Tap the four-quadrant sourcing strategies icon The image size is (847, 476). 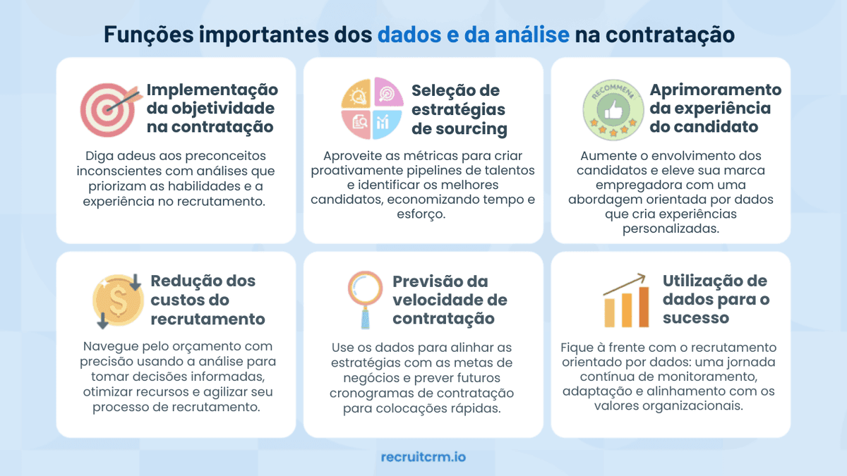(x=367, y=109)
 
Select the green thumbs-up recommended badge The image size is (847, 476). (x=611, y=109)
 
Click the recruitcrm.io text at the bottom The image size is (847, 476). (x=423, y=457)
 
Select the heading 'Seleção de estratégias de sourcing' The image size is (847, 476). (x=459, y=109)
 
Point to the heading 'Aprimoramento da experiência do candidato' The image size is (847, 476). (x=715, y=109)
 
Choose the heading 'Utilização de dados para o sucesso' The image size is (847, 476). (x=715, y=299)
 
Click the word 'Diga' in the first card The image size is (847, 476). (x=100, y=155)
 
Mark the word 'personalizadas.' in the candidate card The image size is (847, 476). (x=670, y=229)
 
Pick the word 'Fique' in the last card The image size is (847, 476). (x=578, y=348)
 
